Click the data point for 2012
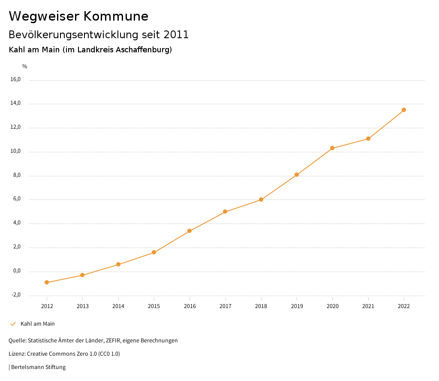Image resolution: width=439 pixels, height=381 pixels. (x=47, y=282)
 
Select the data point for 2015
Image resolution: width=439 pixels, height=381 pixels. (x=154, y=252)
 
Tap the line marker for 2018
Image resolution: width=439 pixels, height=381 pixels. (x=261, y=200)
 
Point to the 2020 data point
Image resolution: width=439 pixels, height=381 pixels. (x=332, y=148)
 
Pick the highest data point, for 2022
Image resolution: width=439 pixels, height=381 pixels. (x=404, y=110)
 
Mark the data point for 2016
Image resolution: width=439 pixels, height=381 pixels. (x=189, y=231)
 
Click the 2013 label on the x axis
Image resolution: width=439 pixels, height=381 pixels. (x=83, y=306)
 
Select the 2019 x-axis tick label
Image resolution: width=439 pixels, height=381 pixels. (x=297, y=306)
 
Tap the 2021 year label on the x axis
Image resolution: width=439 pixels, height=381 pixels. (x=368, y=306)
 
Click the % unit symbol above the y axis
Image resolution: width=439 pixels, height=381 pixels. (x=25, y=67)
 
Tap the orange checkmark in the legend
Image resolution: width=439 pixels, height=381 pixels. (x=13, y=324)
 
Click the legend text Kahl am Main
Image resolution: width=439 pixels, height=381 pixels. (x=38, y=324)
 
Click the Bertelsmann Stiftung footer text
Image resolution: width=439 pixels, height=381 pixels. (x=38, y=367)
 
